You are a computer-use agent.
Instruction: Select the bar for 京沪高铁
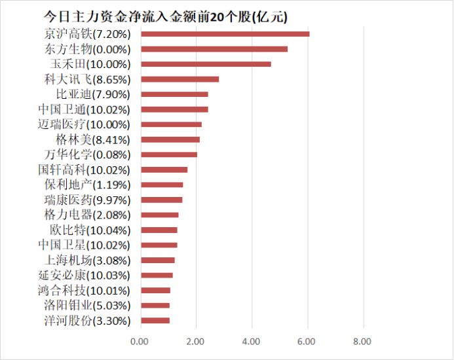tap(225, 33)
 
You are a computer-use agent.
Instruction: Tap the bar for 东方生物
tap(214, 49)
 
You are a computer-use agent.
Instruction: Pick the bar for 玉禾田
tap(206, 64)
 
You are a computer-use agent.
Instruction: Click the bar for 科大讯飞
tap(180, 79)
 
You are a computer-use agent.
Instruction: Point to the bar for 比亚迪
tap(174, 94)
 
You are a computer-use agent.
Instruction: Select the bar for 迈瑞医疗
tap(171, 124)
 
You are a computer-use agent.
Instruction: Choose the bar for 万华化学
tap(169, 154)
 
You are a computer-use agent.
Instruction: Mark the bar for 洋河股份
tap(155, 321)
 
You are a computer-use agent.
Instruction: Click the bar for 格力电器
tap(159, 215)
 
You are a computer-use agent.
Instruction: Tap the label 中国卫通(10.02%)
tap(84, 109)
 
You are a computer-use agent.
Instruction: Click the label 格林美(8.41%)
tap(93, 139)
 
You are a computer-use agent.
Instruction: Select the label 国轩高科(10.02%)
tap(84, 170)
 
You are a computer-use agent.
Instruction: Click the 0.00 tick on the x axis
tap(140, 341)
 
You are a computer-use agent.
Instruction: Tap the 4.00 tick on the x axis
tap(251, 341)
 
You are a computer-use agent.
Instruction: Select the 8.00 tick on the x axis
tap(362, 341)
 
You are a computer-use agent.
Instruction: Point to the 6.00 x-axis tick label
tap(307, 341)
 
